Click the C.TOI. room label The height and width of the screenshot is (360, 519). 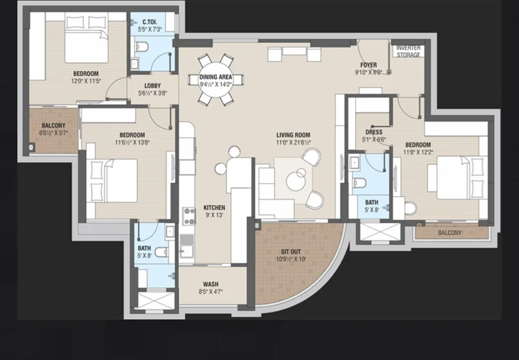(149, 22)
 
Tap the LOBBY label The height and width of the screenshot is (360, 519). (153, 86)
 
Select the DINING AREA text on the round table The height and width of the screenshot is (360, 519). (216, 77)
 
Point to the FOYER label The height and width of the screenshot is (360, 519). (368, 65)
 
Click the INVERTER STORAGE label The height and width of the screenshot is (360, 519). (408, 51)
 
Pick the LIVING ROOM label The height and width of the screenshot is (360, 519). (294, 135)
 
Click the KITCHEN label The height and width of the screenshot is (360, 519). (214, 208)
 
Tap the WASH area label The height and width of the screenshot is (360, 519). (210, 284)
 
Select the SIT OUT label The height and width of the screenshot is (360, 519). (291, 252)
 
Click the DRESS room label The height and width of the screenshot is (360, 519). (374, 132)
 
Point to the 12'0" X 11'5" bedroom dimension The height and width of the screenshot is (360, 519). (86, 81)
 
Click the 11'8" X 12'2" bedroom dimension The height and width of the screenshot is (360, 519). (418, 152)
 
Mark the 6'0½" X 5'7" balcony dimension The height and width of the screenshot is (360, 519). (54, 133)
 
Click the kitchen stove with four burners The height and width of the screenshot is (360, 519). (189, 216)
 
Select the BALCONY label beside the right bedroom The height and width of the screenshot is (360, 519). (449, 233)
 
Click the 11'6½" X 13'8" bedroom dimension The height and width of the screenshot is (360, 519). (132, 142)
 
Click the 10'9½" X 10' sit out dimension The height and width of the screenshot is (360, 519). (291, 259)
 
